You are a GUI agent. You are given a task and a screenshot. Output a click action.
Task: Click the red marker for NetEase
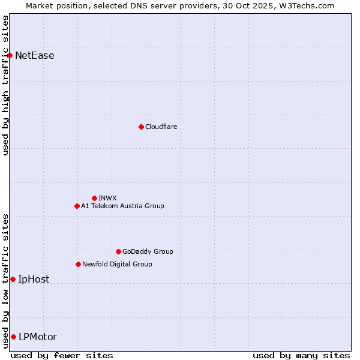(10, 56)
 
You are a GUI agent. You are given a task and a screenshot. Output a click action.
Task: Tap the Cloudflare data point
(141, 127)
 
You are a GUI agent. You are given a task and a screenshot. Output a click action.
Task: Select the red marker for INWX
(94, 198)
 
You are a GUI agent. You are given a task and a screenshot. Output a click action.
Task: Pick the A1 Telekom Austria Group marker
(77, 206)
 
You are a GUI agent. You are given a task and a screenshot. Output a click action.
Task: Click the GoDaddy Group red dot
(118, 251)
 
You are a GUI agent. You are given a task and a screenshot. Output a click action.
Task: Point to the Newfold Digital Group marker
(78, 264)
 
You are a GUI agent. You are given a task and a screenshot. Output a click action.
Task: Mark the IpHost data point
(13, 279)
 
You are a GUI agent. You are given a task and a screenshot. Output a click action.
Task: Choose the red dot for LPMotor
(13, 337)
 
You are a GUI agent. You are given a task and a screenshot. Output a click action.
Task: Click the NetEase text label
(35, 56)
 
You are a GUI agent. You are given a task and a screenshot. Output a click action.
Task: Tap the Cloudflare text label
(161, 127)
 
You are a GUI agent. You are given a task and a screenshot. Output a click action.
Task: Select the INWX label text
(108, 198)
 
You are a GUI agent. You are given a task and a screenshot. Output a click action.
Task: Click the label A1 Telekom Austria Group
(122, 206)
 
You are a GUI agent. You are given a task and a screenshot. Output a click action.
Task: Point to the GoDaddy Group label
(148, 251)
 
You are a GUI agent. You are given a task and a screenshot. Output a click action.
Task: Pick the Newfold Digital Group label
(117, 264)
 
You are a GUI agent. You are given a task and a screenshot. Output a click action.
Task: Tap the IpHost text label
(34, 279)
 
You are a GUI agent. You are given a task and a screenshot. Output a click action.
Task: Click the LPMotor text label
(38, 337)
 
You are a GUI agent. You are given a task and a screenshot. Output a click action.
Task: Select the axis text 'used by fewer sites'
(62, 355)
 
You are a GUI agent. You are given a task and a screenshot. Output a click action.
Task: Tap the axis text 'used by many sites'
(301, 355)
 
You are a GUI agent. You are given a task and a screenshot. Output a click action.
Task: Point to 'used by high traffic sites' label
(5, 85)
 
